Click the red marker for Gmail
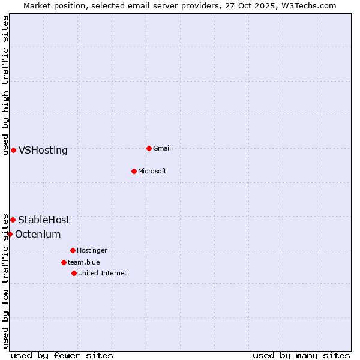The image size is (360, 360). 149,148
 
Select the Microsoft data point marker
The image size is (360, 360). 134,171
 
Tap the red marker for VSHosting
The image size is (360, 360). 13,150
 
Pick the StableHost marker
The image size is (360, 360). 13,220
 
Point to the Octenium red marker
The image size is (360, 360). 10,234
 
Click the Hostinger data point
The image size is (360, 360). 73,250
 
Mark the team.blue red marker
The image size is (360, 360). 64,262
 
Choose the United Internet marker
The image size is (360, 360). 74,273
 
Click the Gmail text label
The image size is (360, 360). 162,148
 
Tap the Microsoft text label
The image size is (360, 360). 152,171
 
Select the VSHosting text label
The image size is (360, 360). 43,150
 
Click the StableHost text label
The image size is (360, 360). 44,220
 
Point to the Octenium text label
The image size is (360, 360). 38,234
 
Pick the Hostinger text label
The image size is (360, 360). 92,250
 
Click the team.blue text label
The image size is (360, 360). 84,262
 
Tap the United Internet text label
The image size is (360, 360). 103,273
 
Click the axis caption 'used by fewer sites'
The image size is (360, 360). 62,355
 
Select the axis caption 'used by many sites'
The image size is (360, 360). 301,355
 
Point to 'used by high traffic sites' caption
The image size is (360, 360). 5,85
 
